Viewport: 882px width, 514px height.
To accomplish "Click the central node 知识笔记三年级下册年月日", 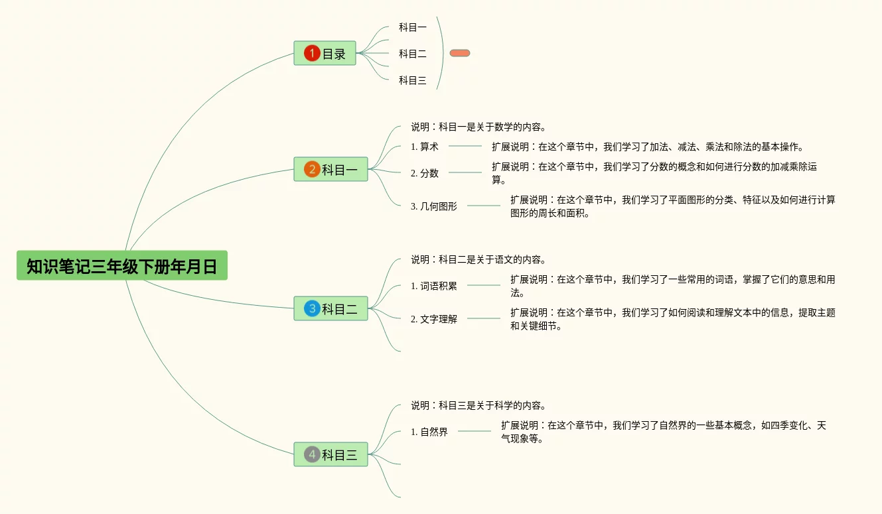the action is [122, 266].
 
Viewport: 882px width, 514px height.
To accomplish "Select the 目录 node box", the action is [325, 53].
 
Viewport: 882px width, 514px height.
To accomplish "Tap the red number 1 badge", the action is [312, 53].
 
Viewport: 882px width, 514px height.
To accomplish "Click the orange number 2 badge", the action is [312, 170].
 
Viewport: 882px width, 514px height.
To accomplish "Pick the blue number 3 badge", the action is [312, 308].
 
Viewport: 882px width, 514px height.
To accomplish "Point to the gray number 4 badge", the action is [312, 454].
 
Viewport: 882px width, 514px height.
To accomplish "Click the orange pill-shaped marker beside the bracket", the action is [460, 53].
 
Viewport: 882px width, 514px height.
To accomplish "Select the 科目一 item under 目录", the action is [412, 27].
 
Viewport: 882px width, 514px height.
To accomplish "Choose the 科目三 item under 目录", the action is [412, 81].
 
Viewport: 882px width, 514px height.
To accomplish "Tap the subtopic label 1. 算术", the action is [425, 147].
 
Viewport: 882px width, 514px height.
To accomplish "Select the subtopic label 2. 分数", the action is [425, 173].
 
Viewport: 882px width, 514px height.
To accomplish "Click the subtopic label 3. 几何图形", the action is [434, 206].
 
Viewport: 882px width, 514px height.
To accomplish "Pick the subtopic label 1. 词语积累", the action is [434, 286].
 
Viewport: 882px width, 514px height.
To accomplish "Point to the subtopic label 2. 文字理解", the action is [434, 319].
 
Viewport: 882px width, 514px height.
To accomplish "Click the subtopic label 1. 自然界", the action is [429, 432].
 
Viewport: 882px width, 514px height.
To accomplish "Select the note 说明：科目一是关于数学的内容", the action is [478, 127].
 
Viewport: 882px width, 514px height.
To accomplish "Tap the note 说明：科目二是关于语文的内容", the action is [478, 259].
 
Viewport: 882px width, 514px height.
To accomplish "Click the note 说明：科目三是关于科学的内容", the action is [478, 405].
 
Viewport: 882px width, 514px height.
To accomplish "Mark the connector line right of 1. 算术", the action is [465, 146].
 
